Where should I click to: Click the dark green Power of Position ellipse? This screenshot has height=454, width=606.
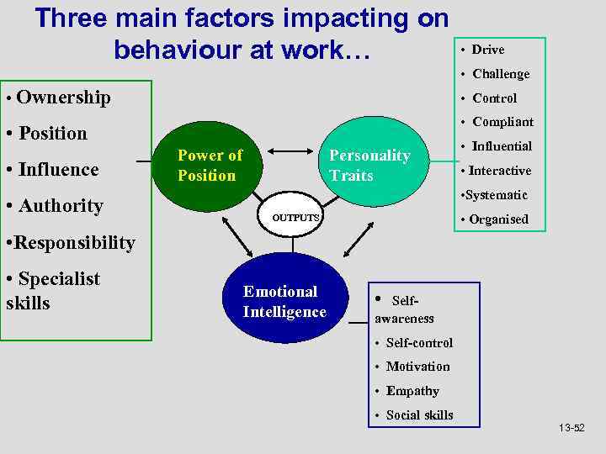[209, 166]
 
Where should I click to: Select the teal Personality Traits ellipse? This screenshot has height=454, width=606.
[369, 166]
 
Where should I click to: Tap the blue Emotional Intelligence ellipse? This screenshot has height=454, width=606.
[284, 302]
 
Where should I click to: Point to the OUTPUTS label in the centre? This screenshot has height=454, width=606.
[295, 218]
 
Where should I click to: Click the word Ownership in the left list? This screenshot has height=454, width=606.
[63, 98]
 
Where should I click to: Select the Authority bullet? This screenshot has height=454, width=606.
[59, 206]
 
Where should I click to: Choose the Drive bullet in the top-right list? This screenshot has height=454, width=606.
[487, 50]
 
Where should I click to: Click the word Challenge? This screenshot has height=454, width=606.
[501, 74]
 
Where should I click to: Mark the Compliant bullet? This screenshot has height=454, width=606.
[502, 122]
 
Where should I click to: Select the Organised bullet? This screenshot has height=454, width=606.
[498, 219]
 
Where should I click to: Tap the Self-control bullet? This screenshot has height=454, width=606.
[418, 343]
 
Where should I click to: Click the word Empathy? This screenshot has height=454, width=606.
[412, 391]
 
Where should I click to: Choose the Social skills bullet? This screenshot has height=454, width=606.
[418, 415]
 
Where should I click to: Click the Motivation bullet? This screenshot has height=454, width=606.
[417, 367]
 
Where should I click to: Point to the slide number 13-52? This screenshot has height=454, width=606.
[571, 429]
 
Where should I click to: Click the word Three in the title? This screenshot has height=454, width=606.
[73, 18]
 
